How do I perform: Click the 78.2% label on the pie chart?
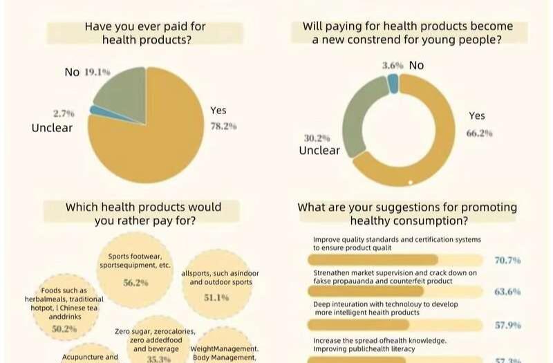point(223,127)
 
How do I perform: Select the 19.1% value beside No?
point(97,72)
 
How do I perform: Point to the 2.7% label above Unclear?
point(64,113)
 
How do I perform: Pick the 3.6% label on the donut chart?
point(393,65)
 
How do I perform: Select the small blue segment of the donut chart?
point(393,83)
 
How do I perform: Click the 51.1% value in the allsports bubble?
point(216,297)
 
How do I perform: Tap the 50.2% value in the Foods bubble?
point(64,329)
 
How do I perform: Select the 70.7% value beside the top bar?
point(507,260)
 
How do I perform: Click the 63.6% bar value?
point(507,292)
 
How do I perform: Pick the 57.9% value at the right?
point(507,325)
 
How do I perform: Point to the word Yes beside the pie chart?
point(218,110)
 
